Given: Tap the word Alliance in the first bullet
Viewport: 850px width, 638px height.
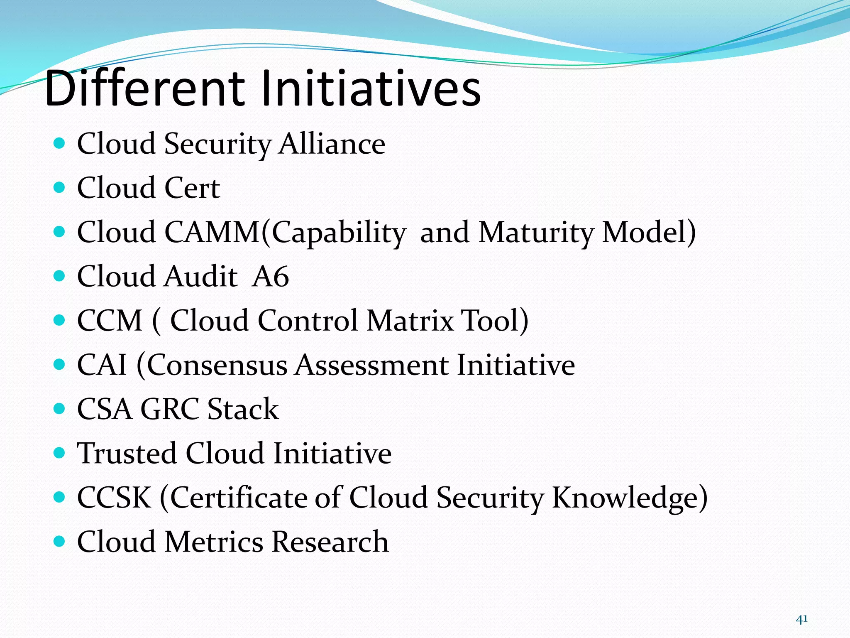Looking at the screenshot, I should pyautogui.click(x=332, y=144).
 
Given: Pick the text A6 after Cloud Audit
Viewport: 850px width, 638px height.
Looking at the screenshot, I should pyautogui.click(x=270, y=277).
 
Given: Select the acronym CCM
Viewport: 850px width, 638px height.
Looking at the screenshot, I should pyautogui.click(x=110, y=321).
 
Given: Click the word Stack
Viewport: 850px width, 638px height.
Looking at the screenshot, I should pyautogui.click(x=243, y=409).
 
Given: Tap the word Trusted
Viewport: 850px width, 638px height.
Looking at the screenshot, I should pyautogui.click(x=127, y=453).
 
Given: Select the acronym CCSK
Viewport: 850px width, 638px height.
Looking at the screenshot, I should pyautogui.click(x=114, y=498).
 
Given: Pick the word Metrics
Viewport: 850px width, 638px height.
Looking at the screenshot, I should pyautogui.click(x=213, y=542).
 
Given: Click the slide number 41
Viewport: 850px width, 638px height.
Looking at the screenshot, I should pyautogui.click(x=801, y=619).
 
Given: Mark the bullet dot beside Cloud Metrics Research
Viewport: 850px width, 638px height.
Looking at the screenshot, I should pyautogui.click(x=60, y=541).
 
